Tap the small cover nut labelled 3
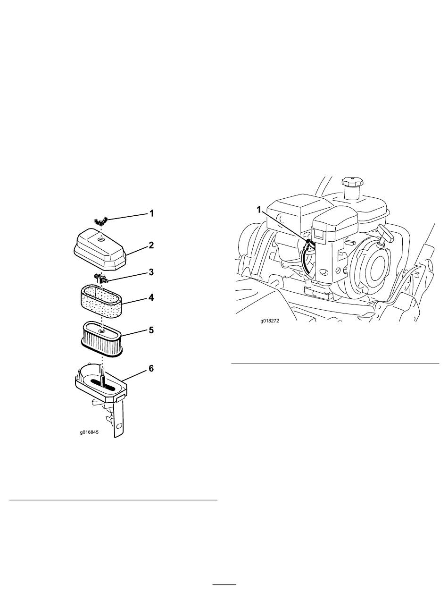(x=101, y=278)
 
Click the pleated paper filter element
(x=102, y=339)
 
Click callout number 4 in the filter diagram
(x=151, y=298)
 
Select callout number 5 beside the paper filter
(x=151, y=330)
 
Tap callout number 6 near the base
(x=151, y=368)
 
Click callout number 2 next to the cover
(x=151, y=245)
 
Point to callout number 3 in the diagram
(x=151, y=272)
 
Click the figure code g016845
(x=89, y=432)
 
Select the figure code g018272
(x=270, y=321)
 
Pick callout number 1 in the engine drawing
(x=259, y=209)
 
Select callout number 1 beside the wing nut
(x=152, y=213)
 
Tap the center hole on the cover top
(x=101, y=239)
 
